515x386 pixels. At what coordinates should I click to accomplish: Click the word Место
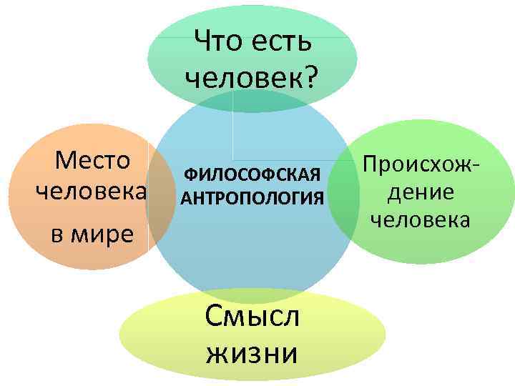click(92, 160)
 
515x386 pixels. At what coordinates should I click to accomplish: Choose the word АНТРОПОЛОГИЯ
click(252, 197)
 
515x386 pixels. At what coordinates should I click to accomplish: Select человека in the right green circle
click(420, 219)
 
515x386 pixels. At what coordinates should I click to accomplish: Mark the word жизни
click(251, 353)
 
